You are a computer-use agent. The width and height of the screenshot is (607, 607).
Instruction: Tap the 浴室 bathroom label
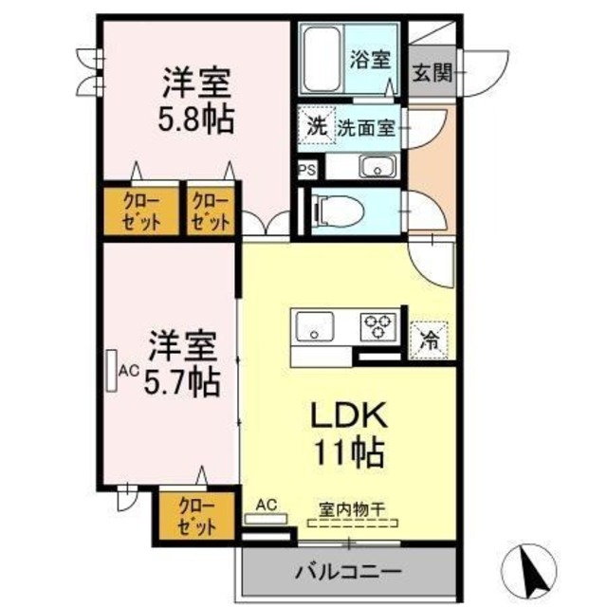(370, 60)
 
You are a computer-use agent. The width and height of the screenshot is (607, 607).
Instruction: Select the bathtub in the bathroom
(322, 59)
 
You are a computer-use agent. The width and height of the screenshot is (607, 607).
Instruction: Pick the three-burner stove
(377, 327)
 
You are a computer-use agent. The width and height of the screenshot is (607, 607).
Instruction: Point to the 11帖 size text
(349, 452)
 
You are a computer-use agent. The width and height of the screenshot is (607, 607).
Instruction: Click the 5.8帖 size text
(196, 121)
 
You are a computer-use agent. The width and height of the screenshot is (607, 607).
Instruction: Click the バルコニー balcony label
(347, 572)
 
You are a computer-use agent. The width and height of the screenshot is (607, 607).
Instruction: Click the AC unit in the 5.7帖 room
(113, 371)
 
